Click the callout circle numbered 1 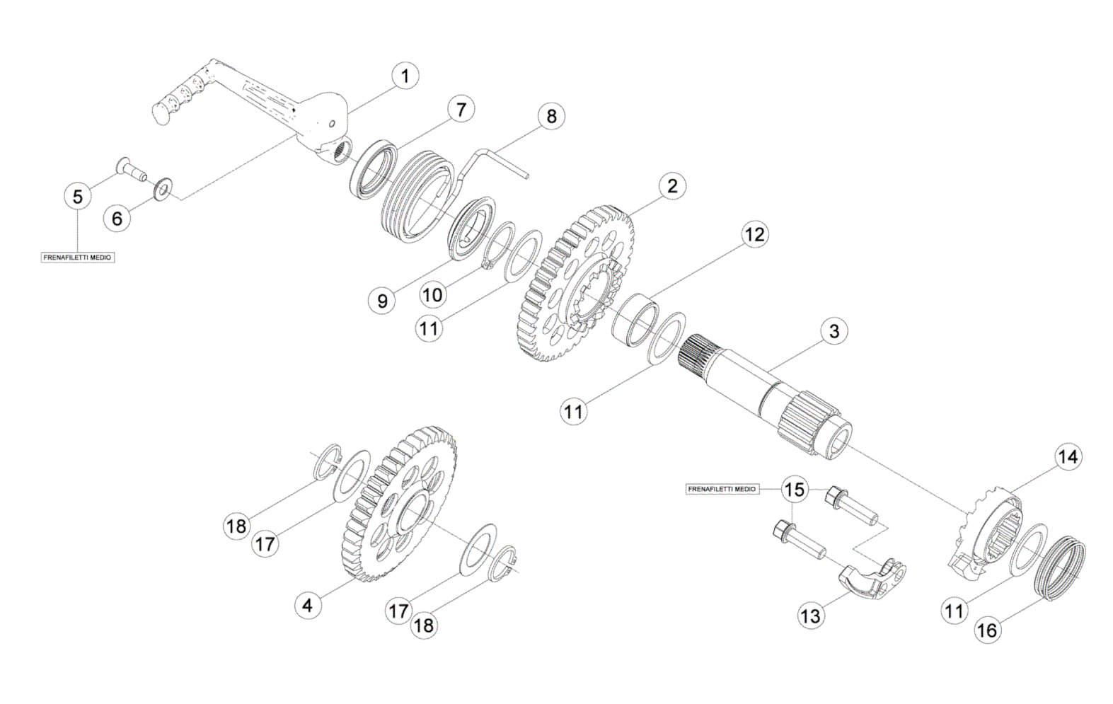pos(405,76)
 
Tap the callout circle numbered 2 pos(672,186)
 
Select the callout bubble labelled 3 pos(834,331)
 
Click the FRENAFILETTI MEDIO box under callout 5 pos(78,258)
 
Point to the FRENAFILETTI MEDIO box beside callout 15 pos(722,489)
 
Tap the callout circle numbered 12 pos(755,234)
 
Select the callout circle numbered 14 pos(1068,457)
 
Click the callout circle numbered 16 pos(987,630)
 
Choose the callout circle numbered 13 pos(812,616)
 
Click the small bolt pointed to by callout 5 pos(131,169)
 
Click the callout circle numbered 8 pos(551,116)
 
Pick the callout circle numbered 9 pos(382,301)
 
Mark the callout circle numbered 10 pos(433,295)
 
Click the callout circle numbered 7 pos(461,110)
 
